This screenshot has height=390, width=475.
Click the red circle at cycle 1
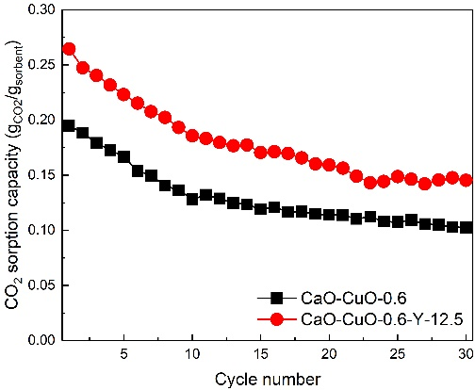(x=69, y=49)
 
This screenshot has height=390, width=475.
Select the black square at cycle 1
(x=69, y=126)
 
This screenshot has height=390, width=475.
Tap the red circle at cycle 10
(x=192, y=137)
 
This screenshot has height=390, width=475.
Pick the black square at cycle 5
(x=124, y=156)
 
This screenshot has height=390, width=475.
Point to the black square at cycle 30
(x=467, y=228)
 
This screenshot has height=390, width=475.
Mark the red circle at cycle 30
(x=467, y=181)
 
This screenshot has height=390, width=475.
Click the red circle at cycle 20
(x=329, y=165)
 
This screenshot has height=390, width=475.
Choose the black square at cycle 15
(x=261, y=209)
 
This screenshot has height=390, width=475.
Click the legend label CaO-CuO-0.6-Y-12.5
(x=382, y=319)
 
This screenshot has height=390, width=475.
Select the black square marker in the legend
(x=277, y=298)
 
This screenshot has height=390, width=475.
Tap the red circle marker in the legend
(x=277, y=319)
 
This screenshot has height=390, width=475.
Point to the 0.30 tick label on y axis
(x=41, y=9)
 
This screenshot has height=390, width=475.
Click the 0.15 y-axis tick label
(x=41, y=175)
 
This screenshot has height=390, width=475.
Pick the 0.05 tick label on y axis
(x=41, y=285)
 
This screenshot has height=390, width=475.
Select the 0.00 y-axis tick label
(x=41, y=340)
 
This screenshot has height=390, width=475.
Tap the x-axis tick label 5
(x=124, y=354)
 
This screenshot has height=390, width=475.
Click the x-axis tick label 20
(x=329, y=354)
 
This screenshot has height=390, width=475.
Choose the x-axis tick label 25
(x=398, y=354)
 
